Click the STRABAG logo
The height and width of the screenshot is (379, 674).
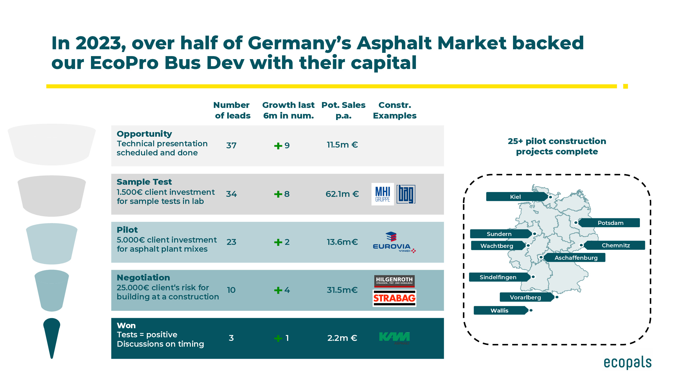click(x=394, y=298)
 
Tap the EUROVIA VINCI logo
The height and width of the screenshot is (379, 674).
click(x=394, y=242)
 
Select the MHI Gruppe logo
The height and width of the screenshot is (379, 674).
click(x=383, y=194)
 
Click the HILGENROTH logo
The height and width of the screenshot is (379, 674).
click(x=394, y=281)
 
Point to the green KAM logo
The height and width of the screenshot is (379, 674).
click(x=394, y=337)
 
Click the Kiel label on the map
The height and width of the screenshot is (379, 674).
click(x=516, y=197)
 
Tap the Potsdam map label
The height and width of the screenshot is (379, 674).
click(x=610, y=223)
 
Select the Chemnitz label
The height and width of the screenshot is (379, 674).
click(x=615, y=245)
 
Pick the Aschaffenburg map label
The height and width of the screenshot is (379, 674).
click(x=576, y=258)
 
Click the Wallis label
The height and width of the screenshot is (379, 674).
click(x=499, y=311)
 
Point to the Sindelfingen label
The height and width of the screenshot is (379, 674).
click(x=498, y=277)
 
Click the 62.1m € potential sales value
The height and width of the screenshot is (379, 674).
click(x=342, y=194)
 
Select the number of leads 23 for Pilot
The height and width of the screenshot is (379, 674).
click(x=231, y=242)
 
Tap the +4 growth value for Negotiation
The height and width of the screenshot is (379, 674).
click(x=282, y=290)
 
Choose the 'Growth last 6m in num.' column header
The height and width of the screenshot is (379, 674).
click(x=288, y=110)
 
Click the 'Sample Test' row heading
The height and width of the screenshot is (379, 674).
click(x=144, y=182)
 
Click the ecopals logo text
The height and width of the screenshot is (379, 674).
click(x=627, y=363)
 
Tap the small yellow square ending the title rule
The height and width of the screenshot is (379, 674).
click(x=625, y=86)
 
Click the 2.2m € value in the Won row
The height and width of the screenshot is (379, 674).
click(x=342, y=338)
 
